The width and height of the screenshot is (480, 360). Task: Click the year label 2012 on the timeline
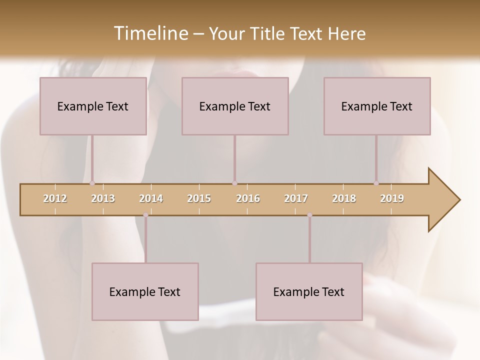[x=55, y=198]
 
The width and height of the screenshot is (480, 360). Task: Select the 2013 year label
[x=103, y=198]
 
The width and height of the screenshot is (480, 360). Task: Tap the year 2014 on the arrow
[x=151, y=198]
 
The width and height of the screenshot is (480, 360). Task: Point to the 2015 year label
[x=199, y=198]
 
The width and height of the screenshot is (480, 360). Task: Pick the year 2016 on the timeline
[x=248, y=198]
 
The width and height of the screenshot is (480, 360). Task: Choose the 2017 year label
[x=296, y=198]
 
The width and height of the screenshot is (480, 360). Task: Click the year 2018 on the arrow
[x=344, y=198]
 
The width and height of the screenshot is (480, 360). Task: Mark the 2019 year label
[x=392, y=198]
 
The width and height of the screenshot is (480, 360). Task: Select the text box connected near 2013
[x=93, y=106]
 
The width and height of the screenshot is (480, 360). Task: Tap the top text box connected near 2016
[x=235, y=106]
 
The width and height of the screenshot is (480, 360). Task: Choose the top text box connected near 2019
[x=377, y=106]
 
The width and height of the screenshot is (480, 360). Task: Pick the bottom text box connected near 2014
[x=145, y=291]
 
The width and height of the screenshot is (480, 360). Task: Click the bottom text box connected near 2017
[x=309, y=291]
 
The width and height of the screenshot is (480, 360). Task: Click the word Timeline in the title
[x=150, y=33]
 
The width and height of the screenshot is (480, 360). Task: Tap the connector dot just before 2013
[x=92, y=183]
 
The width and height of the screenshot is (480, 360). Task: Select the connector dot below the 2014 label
[x=145, y=215]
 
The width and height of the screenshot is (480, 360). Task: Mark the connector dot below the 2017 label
[x=309, y=215]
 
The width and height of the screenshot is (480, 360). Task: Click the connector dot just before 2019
[x=376, y=183]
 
